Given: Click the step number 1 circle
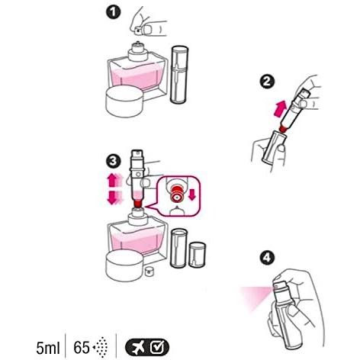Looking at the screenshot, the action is [x=114, y=13].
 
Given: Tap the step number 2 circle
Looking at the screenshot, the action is [x=267, y=82].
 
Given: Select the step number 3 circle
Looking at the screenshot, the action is [x=114, y=161].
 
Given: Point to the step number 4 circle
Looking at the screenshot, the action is [x=267, y=258].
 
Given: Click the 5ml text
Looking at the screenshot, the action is [x=48, y=348].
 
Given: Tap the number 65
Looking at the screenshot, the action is [x=82, y=348].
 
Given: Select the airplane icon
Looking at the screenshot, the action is [x=137, y=348].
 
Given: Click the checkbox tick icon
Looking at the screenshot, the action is [x=156, y=347].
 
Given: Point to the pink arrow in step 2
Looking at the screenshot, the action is [x=280, y=108].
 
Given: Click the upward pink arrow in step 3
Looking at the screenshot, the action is [x=112, y=180].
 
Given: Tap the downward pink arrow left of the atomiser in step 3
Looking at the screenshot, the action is [x=112, y=198].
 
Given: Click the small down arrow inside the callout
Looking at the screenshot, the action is [x=192, y=194].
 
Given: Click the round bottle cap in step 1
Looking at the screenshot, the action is [x=124, y=101].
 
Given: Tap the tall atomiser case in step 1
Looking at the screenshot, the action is [x=179, y=75].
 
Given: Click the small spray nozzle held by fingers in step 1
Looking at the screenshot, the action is [x=138, y=31].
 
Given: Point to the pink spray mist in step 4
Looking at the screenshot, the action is [x=256, y=298].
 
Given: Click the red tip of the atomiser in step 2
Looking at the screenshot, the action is [x=283, y=128].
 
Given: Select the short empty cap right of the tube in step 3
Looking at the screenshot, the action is [x=198, y=255].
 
